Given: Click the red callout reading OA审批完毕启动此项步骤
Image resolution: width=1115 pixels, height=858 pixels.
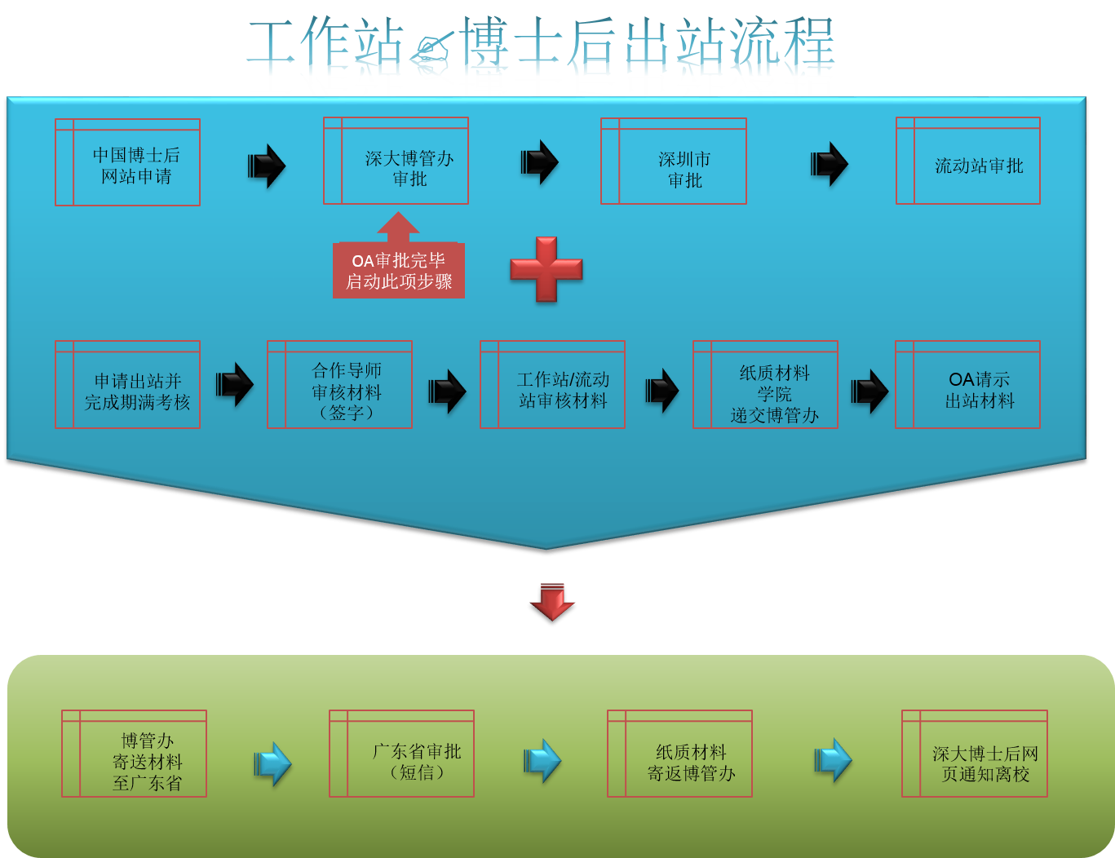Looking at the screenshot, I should [x=399, y=270].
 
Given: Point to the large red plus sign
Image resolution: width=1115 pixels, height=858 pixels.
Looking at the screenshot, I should [x=546, y=269].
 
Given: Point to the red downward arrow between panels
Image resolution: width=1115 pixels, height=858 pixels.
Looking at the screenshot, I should [x=552, y=601].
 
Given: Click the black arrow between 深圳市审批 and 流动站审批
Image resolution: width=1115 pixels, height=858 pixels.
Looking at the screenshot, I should [x=830, y=164].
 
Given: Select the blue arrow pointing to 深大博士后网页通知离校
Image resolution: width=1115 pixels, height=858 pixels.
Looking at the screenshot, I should [x=833, y=761].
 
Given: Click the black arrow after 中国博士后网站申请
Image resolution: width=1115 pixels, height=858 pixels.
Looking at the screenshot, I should [x=267, y=166].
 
